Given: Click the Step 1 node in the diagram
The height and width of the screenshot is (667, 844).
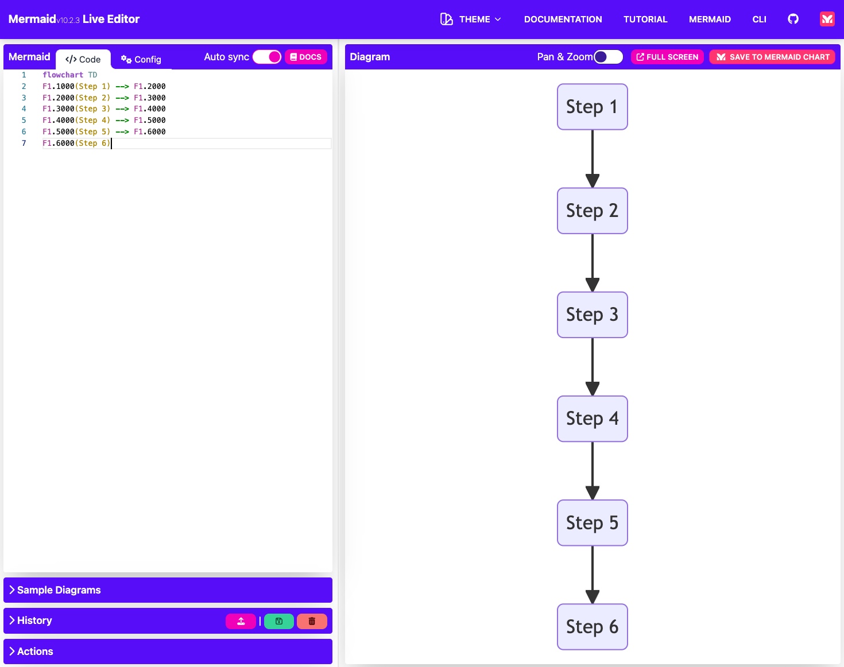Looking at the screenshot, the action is (592, 107).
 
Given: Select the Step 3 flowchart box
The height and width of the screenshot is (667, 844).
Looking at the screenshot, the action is (592, 315).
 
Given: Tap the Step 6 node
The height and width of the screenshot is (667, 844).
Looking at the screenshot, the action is (592, 626).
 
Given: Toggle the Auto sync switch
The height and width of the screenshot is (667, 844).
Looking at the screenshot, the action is (267, 57).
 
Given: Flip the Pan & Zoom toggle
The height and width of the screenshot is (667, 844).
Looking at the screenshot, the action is (608, 57).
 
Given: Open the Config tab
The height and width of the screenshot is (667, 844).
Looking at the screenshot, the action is (141, 59).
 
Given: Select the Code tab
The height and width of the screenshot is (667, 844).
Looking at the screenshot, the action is (83, 59).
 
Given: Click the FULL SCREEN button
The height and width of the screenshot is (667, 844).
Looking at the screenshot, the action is (667, 57).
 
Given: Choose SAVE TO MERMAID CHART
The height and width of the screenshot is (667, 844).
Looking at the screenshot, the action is (772, 57).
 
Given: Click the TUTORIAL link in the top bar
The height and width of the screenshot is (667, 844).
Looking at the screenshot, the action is (645, 20).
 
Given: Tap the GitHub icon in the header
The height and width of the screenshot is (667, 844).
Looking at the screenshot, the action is (793, 19).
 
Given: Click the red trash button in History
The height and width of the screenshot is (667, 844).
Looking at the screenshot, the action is (312, 621).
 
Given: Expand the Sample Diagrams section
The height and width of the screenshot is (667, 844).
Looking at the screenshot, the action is (59, 590).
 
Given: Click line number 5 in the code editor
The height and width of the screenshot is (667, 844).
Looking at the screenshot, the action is (24, 121).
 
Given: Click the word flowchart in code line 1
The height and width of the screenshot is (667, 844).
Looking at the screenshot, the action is (63, 75).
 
